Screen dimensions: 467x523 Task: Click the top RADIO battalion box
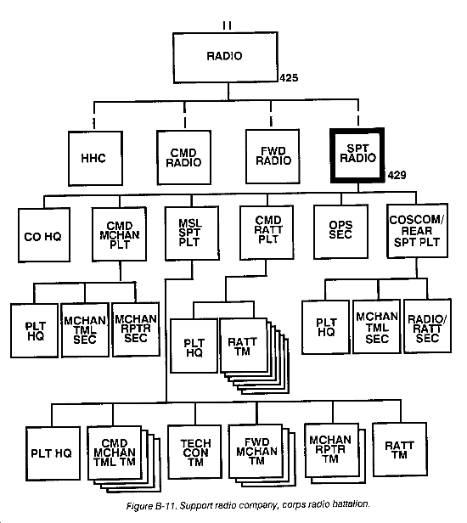[226, 58]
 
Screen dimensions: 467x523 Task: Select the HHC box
[95, 158]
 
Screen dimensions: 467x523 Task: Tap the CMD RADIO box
[183, 157]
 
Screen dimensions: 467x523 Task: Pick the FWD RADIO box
[273, 156]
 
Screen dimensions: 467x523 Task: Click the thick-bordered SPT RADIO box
[357, 155]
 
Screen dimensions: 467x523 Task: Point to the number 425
[289, 78]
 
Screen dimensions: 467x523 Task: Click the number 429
[397, 175]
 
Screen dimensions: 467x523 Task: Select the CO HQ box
[44, 235]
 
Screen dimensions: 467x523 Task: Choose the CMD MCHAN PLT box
[119, 234]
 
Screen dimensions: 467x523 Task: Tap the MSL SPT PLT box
[192, 233]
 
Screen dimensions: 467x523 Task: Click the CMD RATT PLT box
[267, 232]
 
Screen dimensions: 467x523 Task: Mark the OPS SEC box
[341, 232]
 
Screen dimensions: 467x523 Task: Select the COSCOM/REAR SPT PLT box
[417, 230]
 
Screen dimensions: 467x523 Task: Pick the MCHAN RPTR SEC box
[136, 329]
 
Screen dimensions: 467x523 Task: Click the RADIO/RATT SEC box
[428, 326]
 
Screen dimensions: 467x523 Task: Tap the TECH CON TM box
[194, 452]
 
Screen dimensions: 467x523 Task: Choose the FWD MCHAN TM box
[256, 451]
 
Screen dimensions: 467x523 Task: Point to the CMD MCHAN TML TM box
[115, 453]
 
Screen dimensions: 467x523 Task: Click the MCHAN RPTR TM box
[332, 450]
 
